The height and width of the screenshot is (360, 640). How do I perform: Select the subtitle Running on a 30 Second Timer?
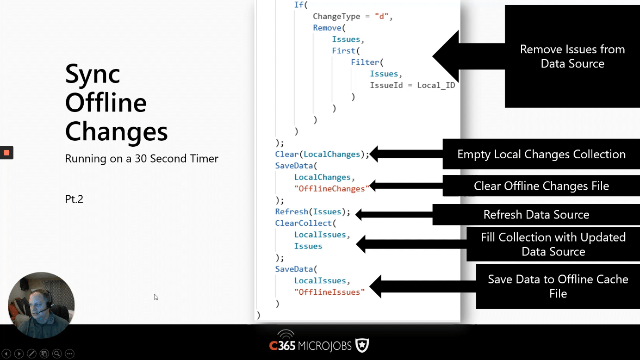click(x=142, y=159)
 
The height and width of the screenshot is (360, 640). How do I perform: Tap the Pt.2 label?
click(x=74, y=199)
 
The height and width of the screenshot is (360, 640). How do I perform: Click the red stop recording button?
click(x=6, y=153)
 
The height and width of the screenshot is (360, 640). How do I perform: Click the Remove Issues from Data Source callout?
click(x=572, y=56)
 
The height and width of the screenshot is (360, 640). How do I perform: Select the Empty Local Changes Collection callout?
click(x=541, y=154)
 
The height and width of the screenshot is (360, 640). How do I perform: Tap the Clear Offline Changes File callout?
click(x=541, y=186)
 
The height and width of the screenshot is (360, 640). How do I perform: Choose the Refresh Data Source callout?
click(x=536, y=215)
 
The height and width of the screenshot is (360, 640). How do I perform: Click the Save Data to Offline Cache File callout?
click(x=558, y=286)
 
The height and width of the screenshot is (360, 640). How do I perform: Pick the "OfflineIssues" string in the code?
click(x=329, y=292)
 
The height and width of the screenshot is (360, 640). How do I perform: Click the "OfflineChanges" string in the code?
click(x=332, y=189)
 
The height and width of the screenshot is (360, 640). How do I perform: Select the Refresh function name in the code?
click(x=292, y=212)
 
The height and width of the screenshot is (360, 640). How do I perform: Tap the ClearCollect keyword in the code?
click(x=303, y=223)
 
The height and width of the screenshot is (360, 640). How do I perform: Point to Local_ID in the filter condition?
click(x=436, y=86)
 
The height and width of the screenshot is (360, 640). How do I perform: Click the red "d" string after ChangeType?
click(x=382, y=16)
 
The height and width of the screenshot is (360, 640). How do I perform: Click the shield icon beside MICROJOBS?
click(x=362, y=346)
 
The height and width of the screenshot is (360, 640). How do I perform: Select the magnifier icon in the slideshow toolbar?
click(x=57, y=354)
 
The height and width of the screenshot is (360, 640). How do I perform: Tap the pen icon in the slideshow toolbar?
click(x=31, y=354)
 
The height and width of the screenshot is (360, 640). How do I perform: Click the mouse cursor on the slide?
click(x=156, y=297)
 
